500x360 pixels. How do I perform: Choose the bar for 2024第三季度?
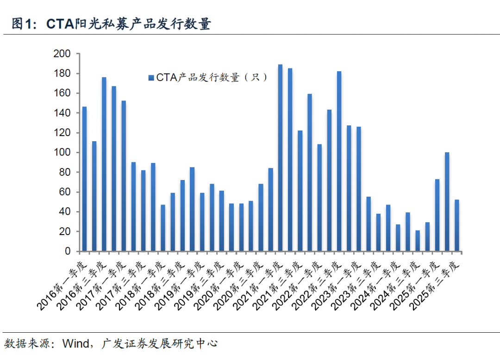coord(417,241)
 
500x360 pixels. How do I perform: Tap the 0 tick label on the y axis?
coord(68,251)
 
